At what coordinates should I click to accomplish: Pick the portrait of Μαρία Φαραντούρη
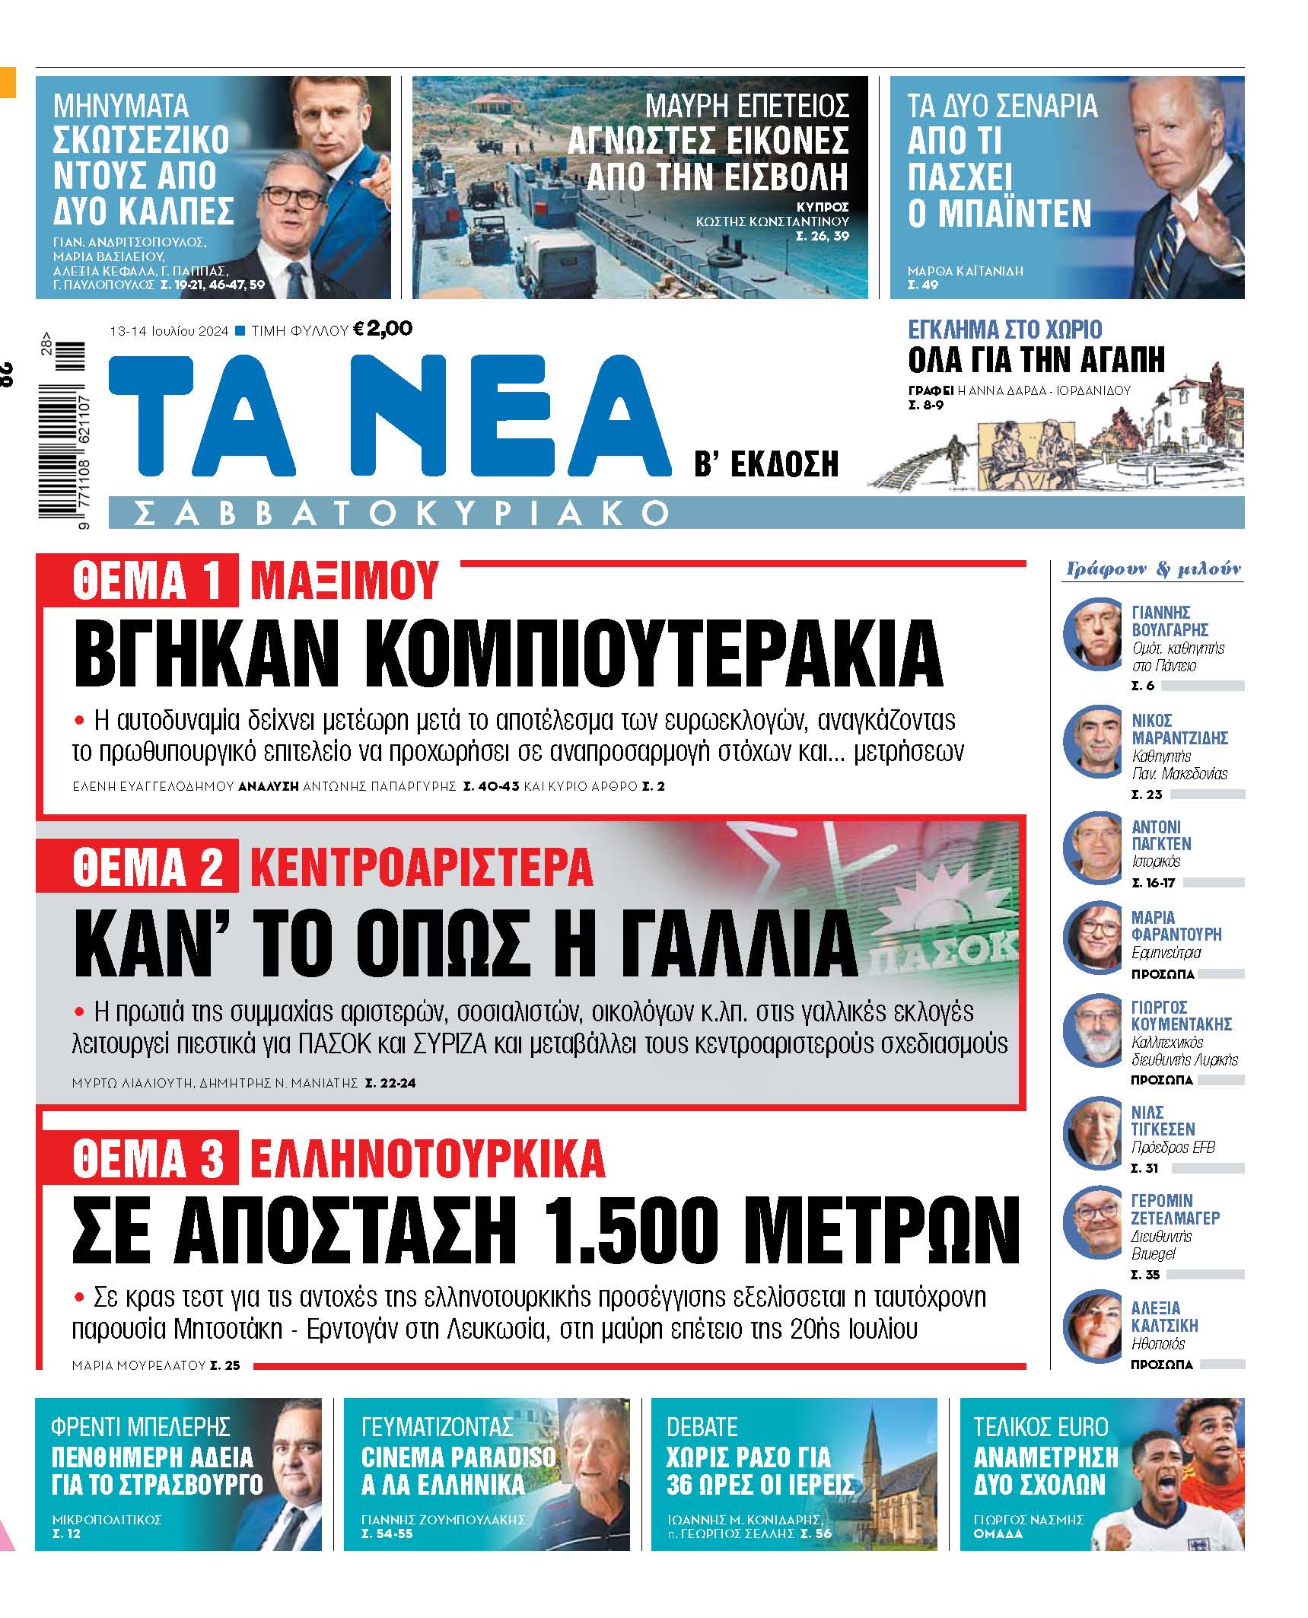click(1093, 938)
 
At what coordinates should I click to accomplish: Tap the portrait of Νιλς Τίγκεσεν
click(1093, 1133)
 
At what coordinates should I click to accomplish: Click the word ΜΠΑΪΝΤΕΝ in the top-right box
click(999, 214)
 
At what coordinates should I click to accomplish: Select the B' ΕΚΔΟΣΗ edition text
click(765, 463)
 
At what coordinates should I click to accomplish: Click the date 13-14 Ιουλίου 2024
click(169, 331)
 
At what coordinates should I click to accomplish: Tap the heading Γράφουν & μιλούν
click(1153, 569)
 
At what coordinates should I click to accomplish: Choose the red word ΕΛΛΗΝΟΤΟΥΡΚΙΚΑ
click(427, 1159)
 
